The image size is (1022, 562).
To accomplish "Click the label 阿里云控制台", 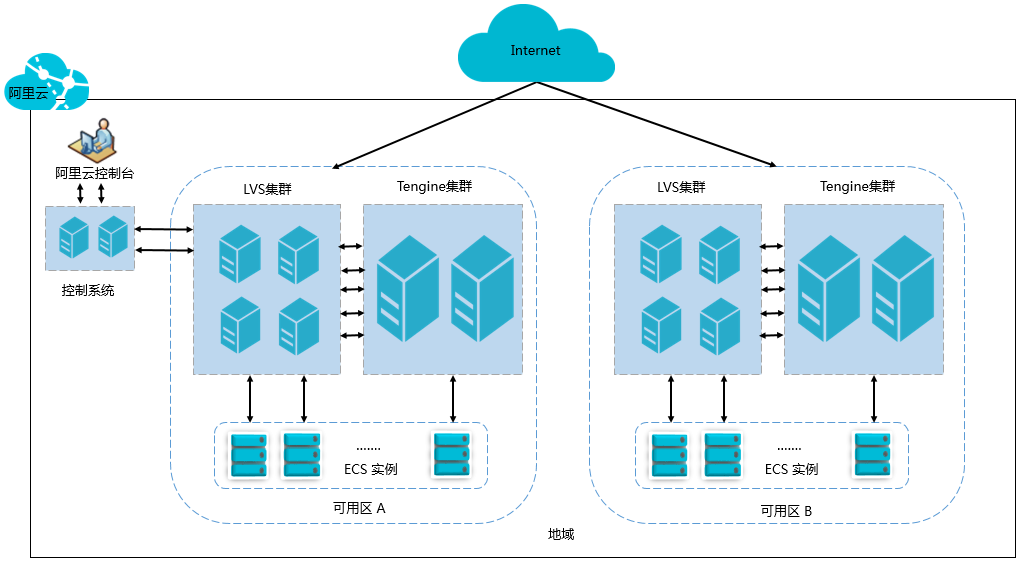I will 94,173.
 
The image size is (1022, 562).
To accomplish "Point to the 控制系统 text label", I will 88,291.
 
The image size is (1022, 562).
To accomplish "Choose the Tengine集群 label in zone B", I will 857,187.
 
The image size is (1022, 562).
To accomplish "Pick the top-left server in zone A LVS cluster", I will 241,253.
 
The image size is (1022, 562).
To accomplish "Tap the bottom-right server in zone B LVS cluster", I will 719,326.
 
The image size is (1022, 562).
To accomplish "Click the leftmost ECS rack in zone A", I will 249,454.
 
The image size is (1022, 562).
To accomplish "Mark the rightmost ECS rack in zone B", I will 872,454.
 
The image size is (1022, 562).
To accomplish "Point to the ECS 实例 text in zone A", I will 370,469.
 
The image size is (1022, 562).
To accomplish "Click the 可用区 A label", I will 359,508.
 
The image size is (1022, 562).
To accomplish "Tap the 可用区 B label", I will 785,511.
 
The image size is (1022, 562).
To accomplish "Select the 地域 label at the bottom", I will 561,534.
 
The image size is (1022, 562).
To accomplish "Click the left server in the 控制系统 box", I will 73,238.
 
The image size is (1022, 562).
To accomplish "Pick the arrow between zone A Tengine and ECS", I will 453,399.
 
